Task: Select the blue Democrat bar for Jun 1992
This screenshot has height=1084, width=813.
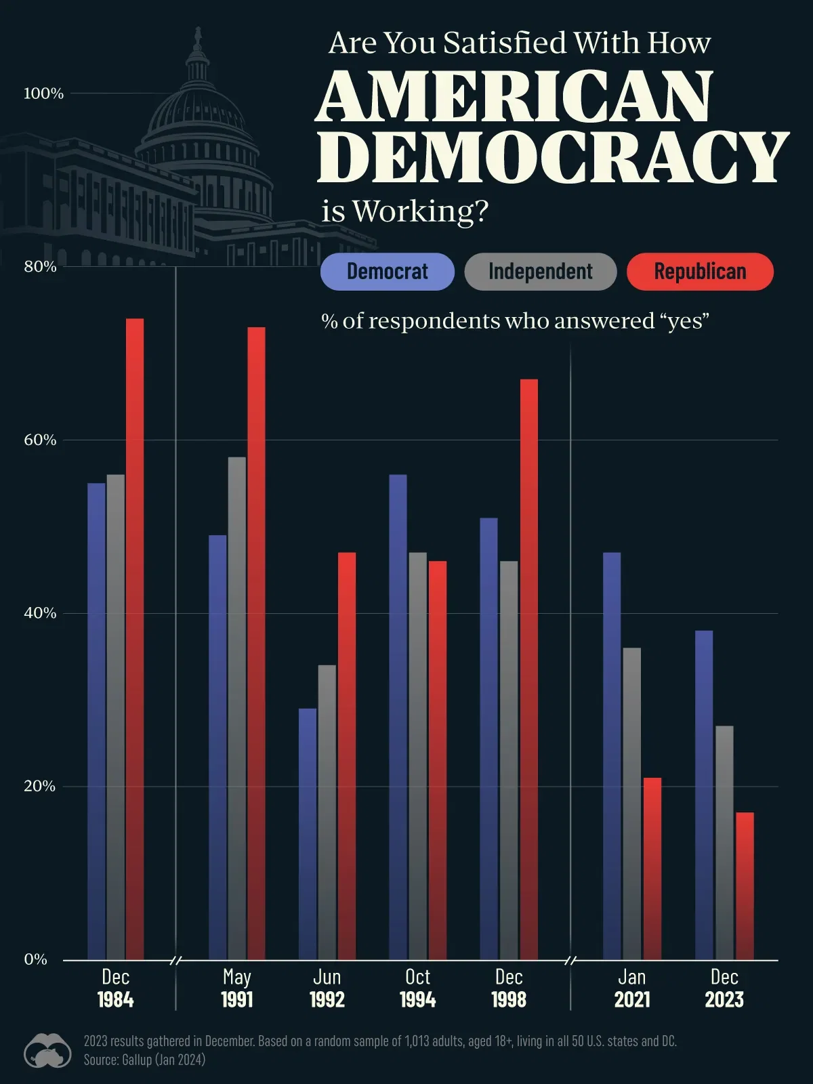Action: (308, 833)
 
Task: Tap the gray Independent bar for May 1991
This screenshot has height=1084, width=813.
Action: (237, 708)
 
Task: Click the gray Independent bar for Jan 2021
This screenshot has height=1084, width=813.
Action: (631, 804)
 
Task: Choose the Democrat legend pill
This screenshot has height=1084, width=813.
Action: (387, 272)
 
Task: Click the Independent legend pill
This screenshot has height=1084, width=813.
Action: (540, 272)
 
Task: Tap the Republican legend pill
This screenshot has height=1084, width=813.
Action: (700, 272)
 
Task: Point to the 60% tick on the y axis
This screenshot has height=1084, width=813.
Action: (40, 440)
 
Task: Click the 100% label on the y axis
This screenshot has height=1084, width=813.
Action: (43, 93)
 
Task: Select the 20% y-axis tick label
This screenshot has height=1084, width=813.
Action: (39, 786)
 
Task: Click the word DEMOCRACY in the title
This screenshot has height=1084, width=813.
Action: (552, 157)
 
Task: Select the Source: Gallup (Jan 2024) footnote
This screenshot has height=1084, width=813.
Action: (144, 1060)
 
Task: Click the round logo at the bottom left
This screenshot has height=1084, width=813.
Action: (47, 1051)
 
